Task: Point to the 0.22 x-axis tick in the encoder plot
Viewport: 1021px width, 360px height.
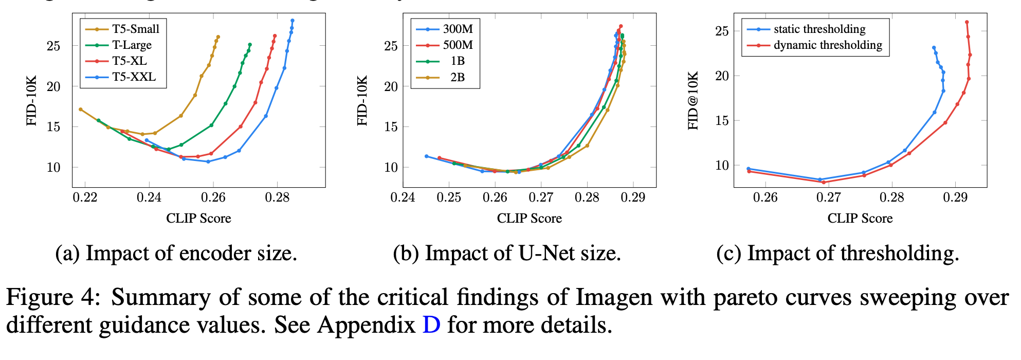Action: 85,197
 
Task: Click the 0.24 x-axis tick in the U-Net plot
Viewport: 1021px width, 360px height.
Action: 403,197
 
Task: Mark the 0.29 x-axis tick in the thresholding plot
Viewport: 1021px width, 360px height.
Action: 955,197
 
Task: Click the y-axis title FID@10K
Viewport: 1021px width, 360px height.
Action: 694,101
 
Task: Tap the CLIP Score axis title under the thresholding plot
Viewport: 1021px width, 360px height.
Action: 860,219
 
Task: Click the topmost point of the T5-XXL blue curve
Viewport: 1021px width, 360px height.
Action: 293,21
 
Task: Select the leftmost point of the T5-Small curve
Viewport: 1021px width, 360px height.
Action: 81,109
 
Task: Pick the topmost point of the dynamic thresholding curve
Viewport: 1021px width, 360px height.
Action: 967,22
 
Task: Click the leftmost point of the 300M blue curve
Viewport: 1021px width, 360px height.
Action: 426,156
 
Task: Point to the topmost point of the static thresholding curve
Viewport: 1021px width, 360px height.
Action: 934,48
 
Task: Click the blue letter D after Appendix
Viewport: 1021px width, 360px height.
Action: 431,325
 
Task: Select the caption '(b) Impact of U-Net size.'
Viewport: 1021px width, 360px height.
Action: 507,254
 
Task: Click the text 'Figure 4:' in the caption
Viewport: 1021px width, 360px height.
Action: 53,297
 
